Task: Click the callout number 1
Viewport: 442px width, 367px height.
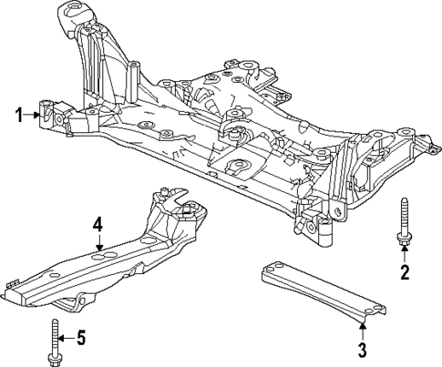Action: point(17,115)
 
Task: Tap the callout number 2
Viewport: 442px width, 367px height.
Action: point(406,272)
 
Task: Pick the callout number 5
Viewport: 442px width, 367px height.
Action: point(79,340)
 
